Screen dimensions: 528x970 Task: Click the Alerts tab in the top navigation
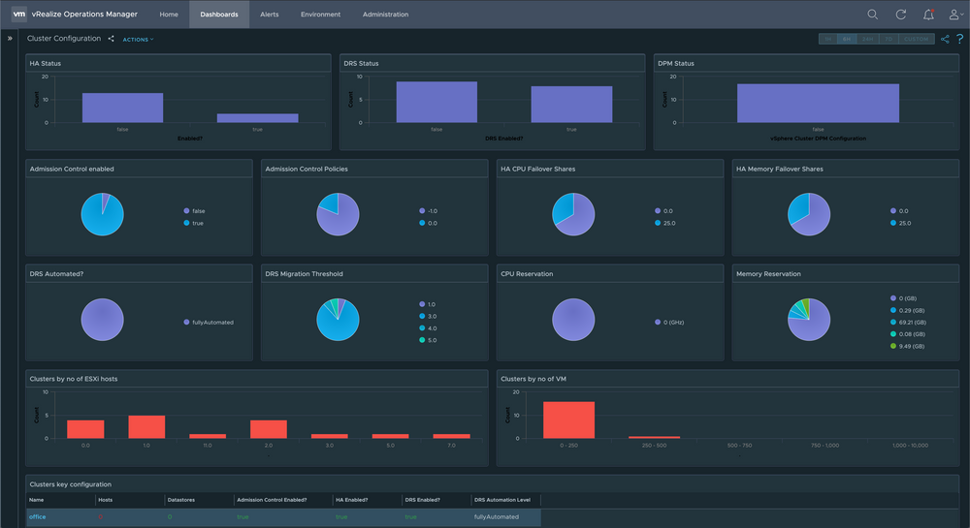point(269,15)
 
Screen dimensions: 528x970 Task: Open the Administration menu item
point(385,15)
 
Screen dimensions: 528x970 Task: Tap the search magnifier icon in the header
point(873,15)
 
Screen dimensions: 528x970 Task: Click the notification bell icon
point(928,15)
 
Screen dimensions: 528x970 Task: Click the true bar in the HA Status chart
point(257,118)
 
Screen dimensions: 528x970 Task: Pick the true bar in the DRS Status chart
point(571,105)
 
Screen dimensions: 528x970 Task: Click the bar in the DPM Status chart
point(818,103)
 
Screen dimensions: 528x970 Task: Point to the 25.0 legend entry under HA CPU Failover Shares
point(668,223)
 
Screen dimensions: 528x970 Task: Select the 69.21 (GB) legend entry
point(912,322)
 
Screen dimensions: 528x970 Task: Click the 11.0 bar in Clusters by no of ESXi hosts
point(207,436)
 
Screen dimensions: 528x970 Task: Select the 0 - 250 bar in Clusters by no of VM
point(568,419)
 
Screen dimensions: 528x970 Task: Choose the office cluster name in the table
point(38,516)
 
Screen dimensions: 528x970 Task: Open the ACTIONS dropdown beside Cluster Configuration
point(138,40)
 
